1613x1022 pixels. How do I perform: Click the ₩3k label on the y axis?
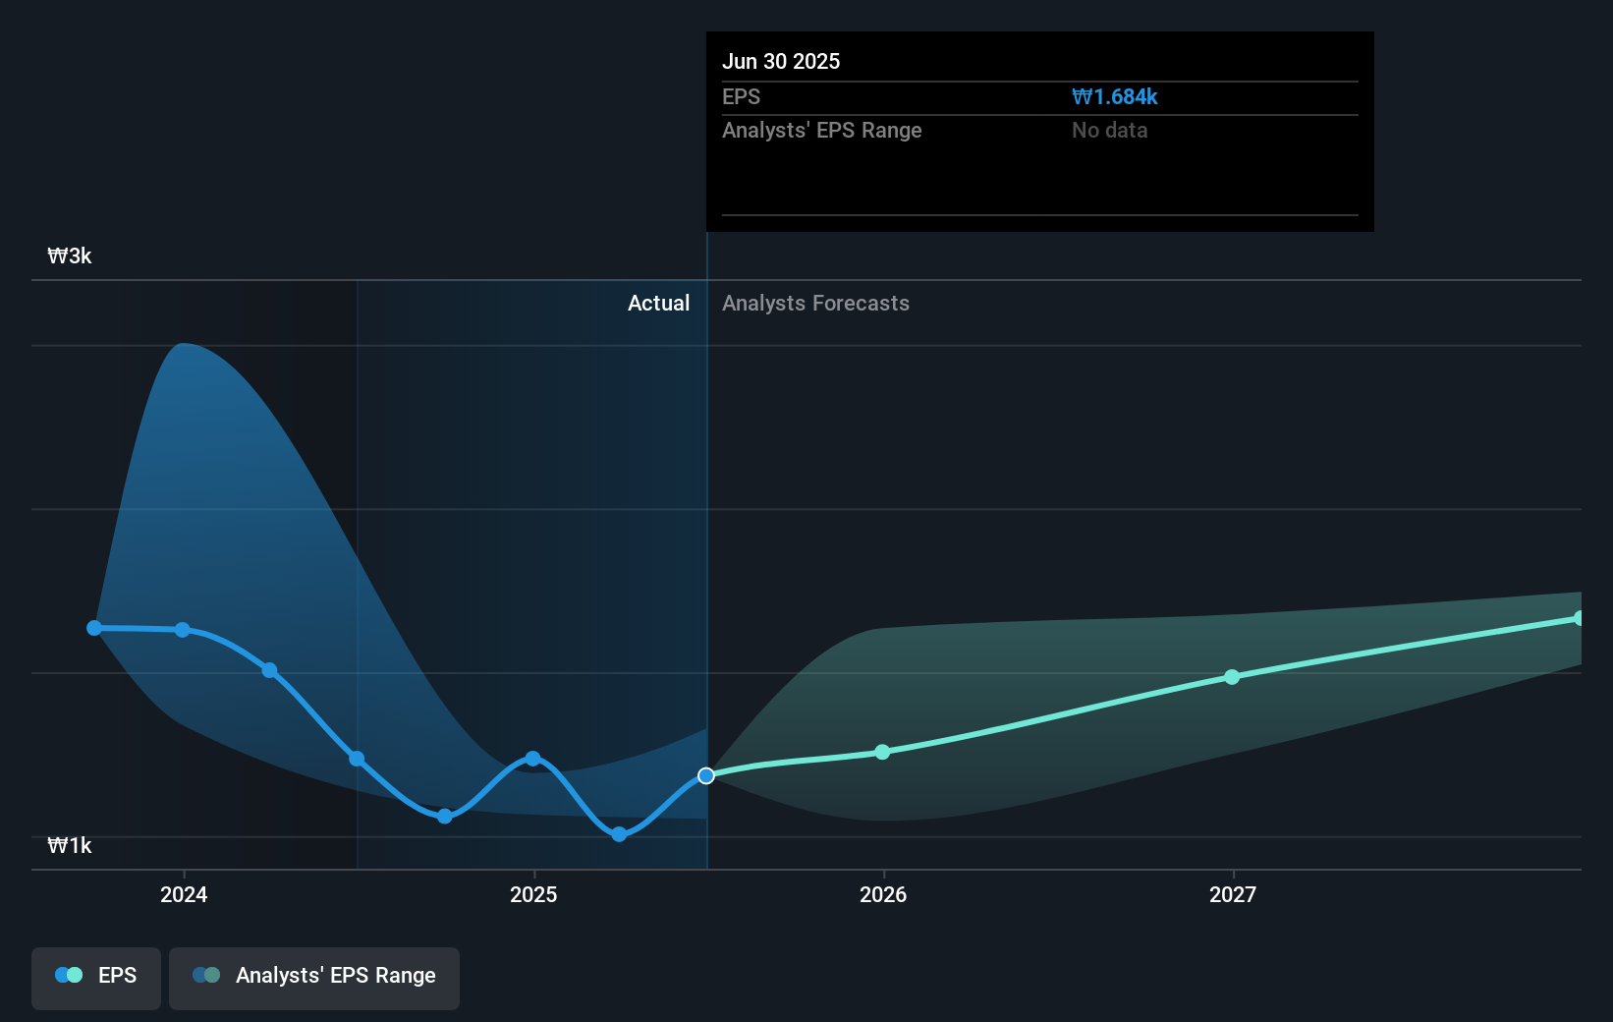tap(70, 256)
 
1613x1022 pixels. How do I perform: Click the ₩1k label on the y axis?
tap(70, 846)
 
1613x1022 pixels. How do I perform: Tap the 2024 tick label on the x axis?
tap(184, 894)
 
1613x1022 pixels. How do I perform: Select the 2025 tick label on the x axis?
tap(533, 894)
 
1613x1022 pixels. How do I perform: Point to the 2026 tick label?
tap(883, 894)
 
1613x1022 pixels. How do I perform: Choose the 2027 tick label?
tap(1233, 894)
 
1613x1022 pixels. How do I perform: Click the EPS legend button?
tap(96, 976)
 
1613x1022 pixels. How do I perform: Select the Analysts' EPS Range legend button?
tap(314, 976)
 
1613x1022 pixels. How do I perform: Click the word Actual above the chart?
tap(658, 304)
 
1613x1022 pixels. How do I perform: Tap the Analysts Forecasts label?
tap(815, 304)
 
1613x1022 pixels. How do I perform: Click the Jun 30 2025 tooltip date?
tap(781, 62)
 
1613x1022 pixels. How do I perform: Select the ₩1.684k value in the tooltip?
tap(1115, 97)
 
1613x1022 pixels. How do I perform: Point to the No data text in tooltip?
tap(1109, 131)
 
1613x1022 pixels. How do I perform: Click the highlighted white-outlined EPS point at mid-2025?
tap(706, 776)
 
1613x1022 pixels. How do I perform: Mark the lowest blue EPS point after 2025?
tap(619, 834)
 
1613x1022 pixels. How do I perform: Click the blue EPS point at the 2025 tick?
tap(532, 759)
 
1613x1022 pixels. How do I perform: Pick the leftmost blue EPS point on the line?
tap(94, 628)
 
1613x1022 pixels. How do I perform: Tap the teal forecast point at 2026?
tap(882, 752)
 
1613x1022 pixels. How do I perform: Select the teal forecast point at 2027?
tap(1232, 677)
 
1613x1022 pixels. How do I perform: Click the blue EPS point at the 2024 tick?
tap(183, 630)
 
